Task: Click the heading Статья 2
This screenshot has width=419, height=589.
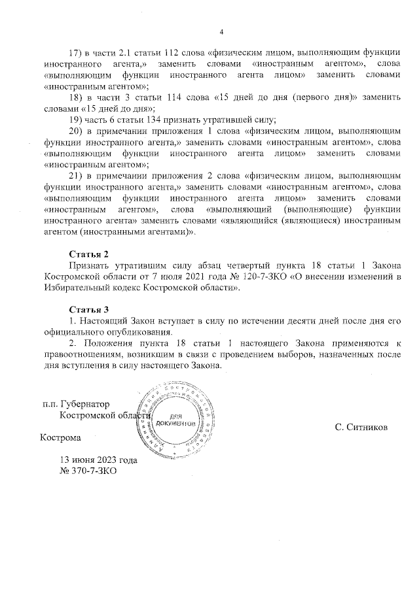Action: click(x=88, y=253)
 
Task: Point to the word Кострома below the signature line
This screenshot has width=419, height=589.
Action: click(x=62, y=438)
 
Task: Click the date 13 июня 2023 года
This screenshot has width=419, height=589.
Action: click(x=98, y=460)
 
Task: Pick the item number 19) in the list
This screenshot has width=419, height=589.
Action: click(x=76, y=119)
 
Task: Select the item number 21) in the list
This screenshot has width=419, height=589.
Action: click(x=76, y=175)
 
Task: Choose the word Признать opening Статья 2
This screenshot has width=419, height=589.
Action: click(x=89, y=265)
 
